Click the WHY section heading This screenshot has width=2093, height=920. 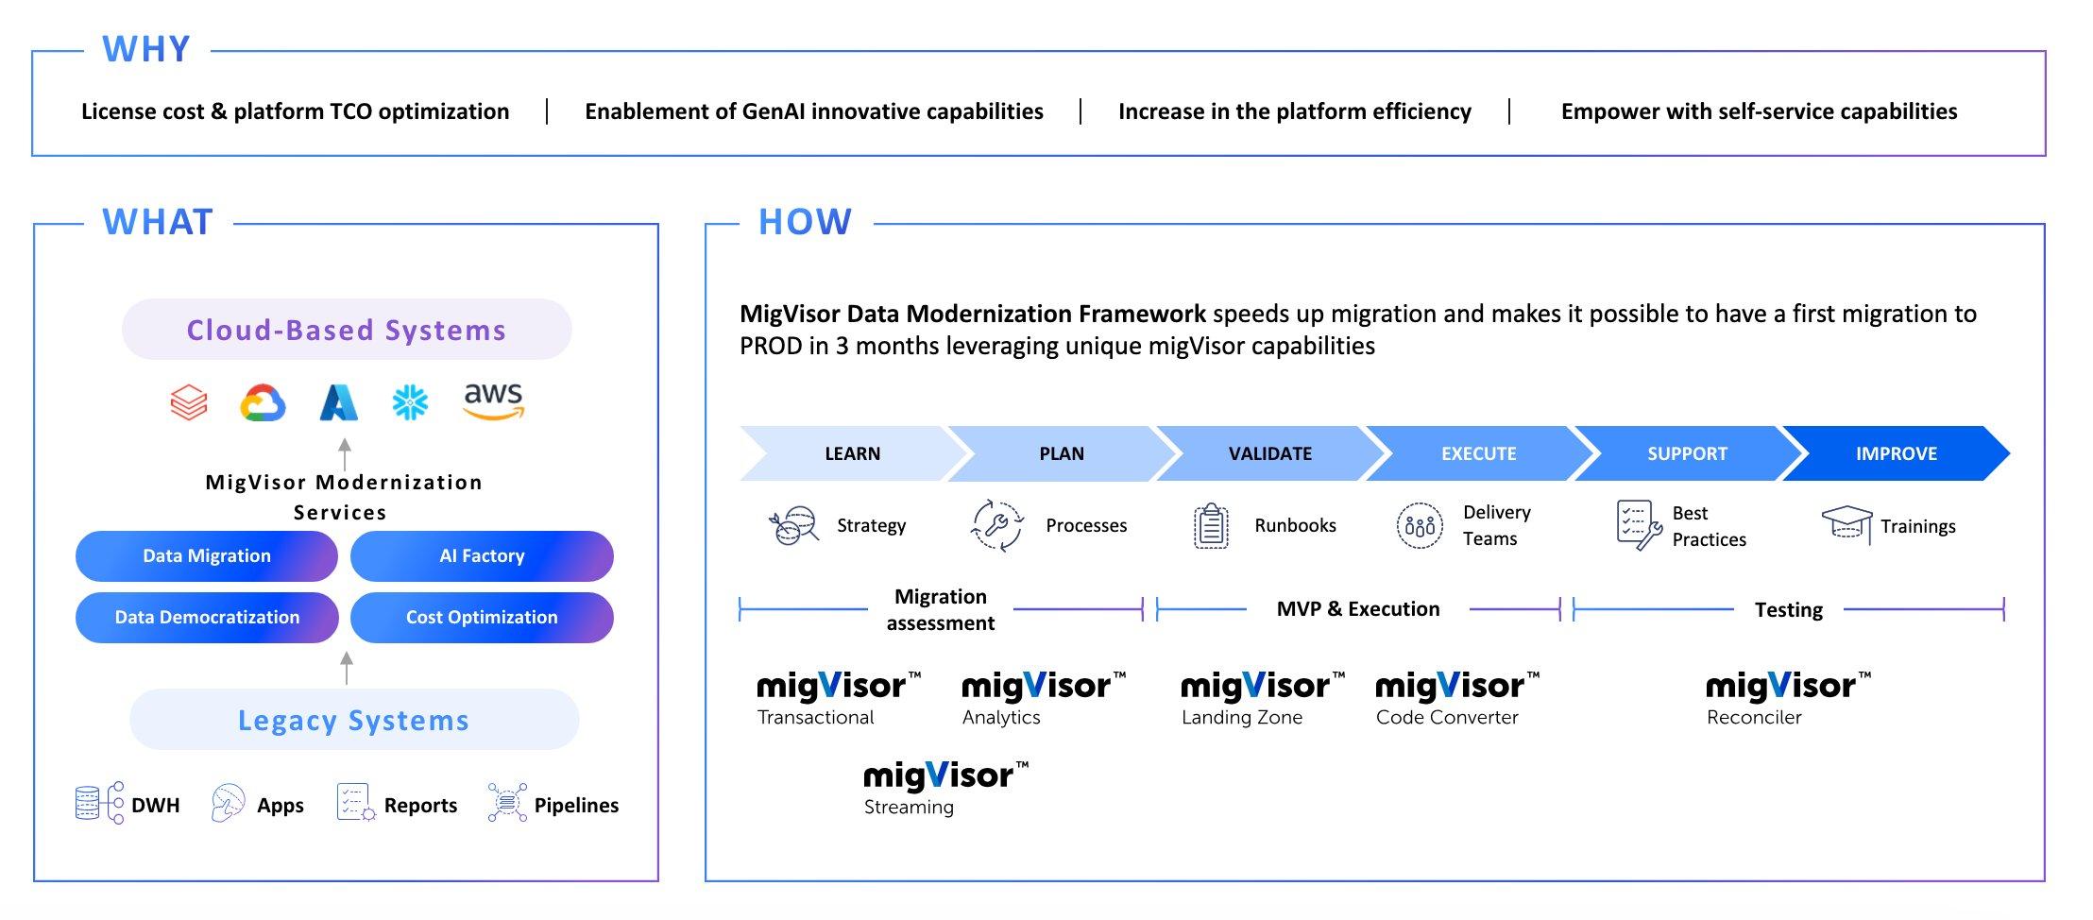click(146, 49)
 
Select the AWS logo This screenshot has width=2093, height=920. click(493, 400)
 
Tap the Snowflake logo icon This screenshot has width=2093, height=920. click(410, 403)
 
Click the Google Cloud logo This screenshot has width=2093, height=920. click(263, 403)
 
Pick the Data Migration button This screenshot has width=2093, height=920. click(207, 556)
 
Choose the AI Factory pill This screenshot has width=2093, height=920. click(482, 556)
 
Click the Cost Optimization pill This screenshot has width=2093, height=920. click(482, 618)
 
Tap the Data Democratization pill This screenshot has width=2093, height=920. click(207, 618)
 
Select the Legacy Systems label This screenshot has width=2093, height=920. click(354, 720)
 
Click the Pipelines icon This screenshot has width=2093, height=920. click(507, 803)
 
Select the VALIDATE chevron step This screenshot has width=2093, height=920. click(1269, 453)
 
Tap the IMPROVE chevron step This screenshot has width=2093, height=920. click(1896, 453)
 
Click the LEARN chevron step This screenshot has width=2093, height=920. click(852, 453)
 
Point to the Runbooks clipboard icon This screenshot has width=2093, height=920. click(1211, 526)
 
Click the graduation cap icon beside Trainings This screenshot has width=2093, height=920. click(1846, 522)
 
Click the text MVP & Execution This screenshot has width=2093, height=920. click(1358, 609)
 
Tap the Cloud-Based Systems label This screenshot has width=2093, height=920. click(347, 330)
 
